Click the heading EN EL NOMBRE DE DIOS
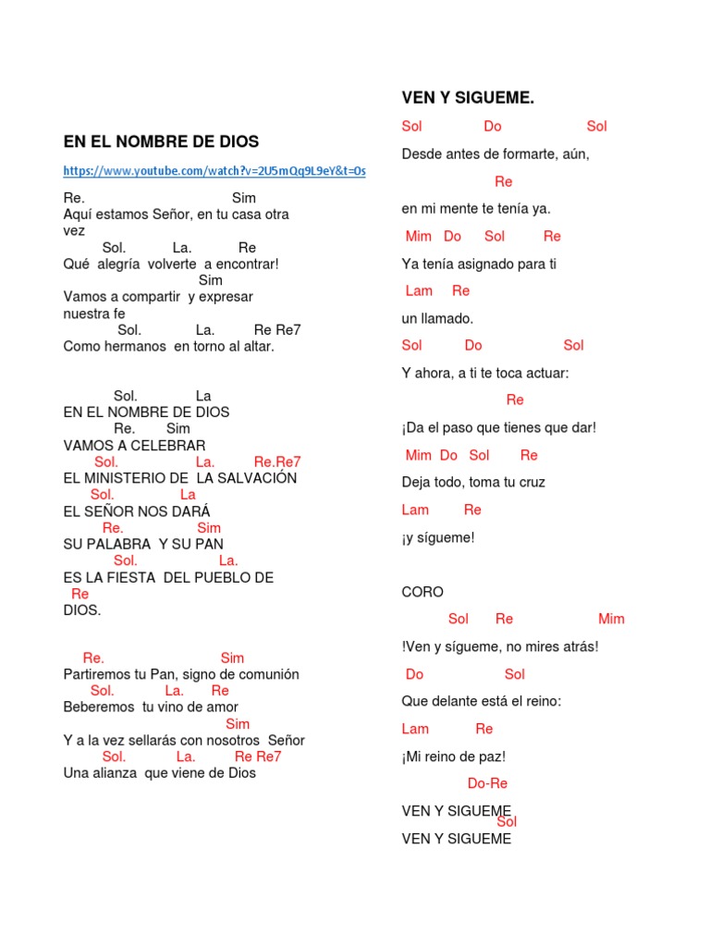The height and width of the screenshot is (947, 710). tap(161, 141)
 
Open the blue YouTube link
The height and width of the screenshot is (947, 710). tap(214, 171)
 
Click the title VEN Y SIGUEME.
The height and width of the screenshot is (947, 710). tap(468, 98)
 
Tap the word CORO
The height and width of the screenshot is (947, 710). tap(422, 592)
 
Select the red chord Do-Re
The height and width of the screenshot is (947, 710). tap(487, 783)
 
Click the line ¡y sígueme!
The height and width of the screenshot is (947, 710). tap(437, 537)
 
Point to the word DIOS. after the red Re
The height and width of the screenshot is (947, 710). tap(82, 610)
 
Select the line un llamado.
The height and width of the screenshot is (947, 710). tap(437, 318)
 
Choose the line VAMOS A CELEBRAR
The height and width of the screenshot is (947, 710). tap(134, 446)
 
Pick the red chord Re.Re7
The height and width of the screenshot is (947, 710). tap(277, 461)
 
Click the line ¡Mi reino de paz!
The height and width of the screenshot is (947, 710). tap(453, 756)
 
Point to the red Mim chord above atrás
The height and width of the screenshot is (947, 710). tap(611, 619)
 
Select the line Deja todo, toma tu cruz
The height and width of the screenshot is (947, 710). tap(473, 482)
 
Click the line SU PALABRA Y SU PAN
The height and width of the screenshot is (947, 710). tap(143, 544)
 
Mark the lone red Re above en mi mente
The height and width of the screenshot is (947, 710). tap(503, 181)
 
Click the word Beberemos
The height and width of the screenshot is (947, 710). tap(99, 707)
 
